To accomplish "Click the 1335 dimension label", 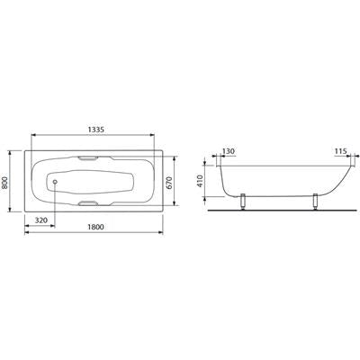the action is pyautogui.click(x=95, y=130).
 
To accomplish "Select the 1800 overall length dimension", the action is pyautogui.click(x=95, y=227).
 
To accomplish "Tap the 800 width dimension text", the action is pyautogui.click(x=5, y=182).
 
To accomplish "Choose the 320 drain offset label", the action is pyautogui.click(x=41, y=220).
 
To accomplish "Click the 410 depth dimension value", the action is pyautogui.click(x=200, y=181).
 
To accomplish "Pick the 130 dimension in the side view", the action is pyautogui.click(x=229, y=151).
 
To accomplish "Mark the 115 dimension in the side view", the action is pyautogui.click(x=341, y=151).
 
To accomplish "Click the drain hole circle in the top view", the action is pyautogui.click(x=55, y=182).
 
